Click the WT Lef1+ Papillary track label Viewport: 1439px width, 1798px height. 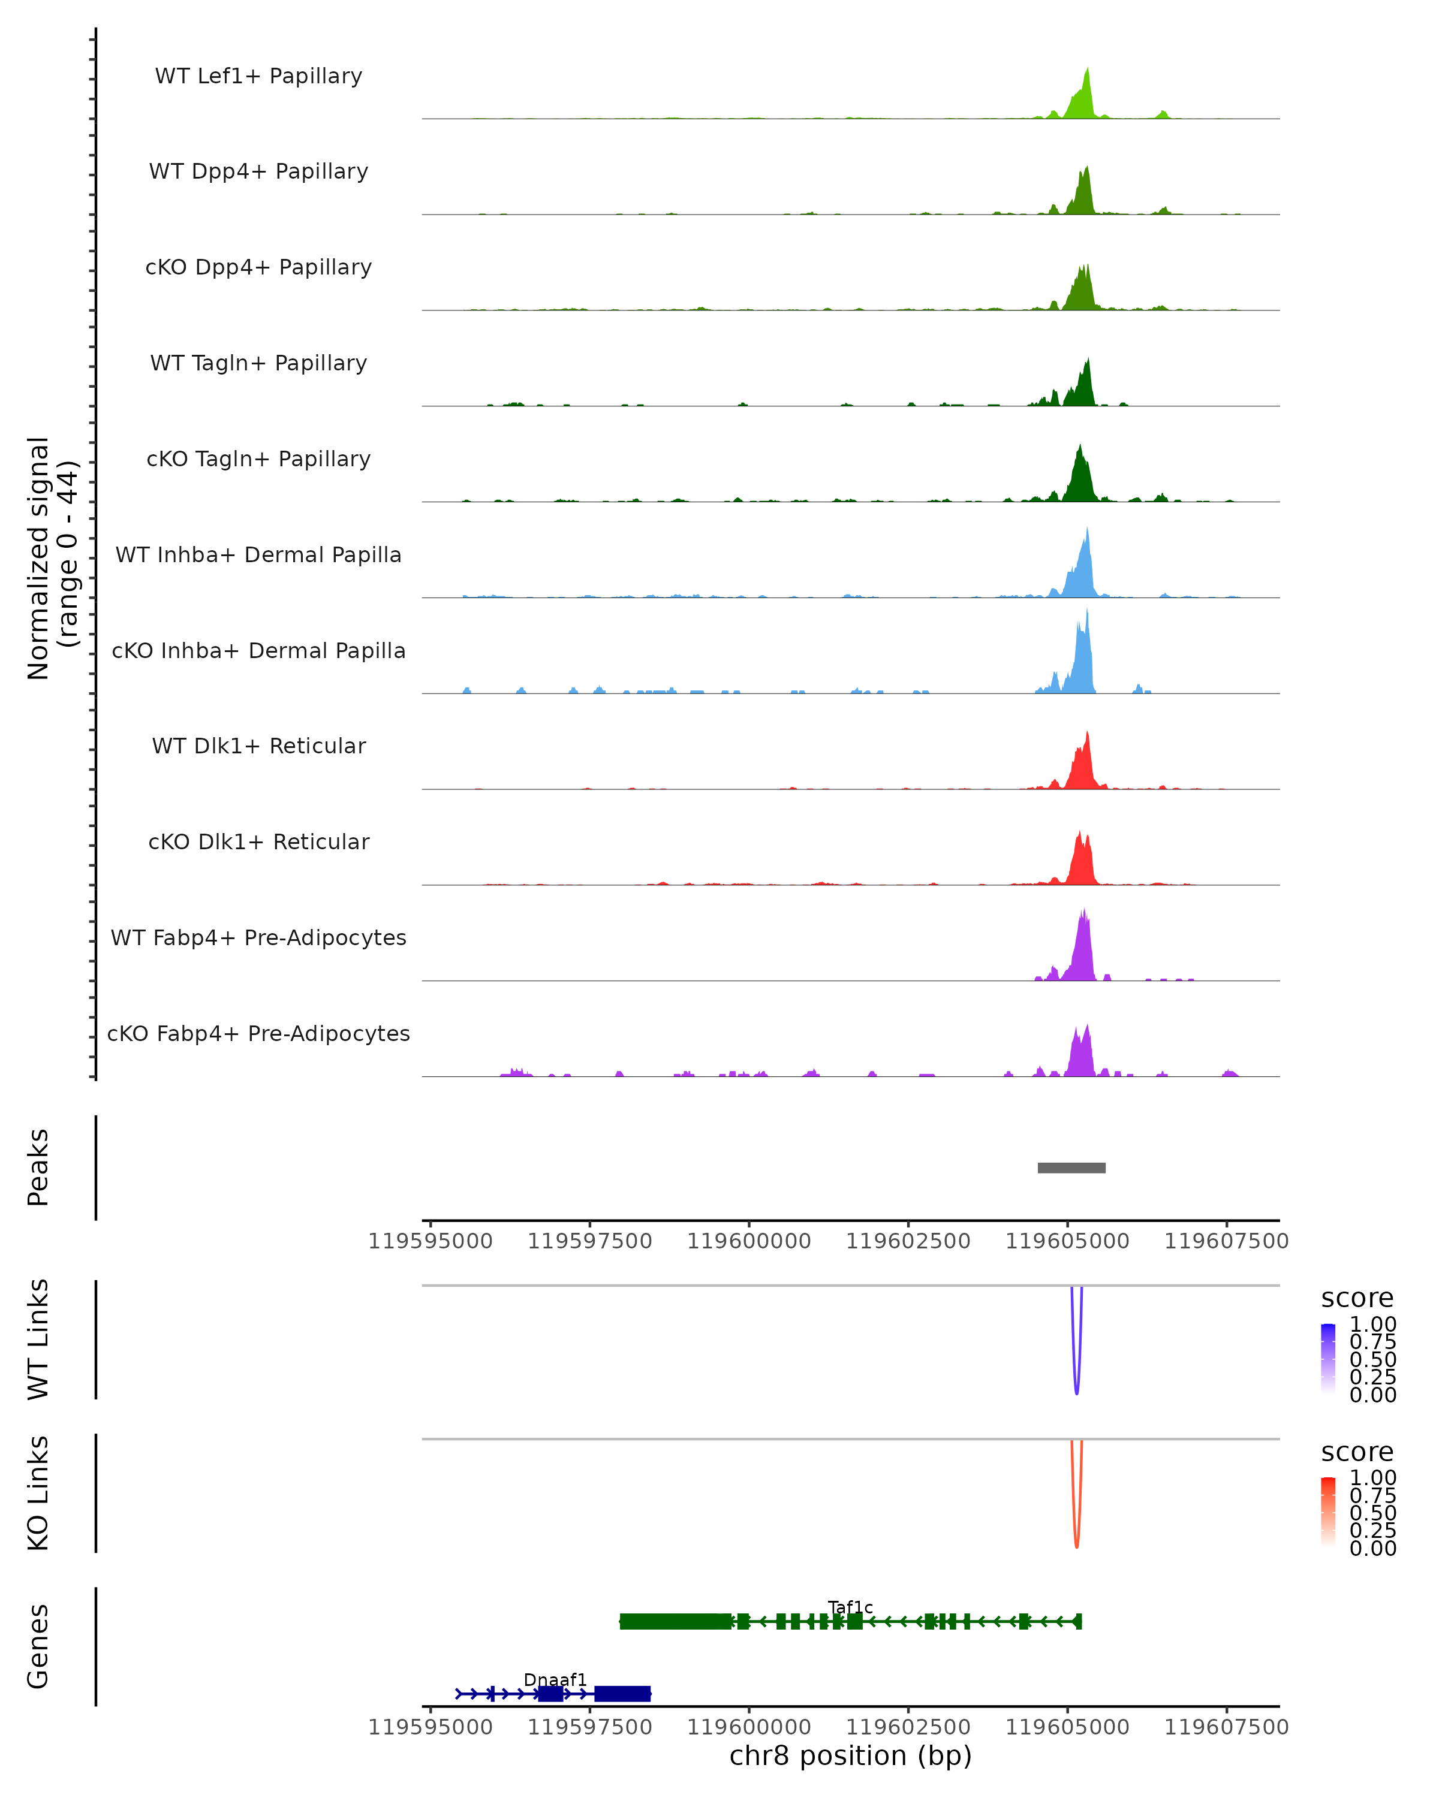click(x=258, y=76)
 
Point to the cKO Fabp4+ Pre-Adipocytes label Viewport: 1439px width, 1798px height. click(x=258, y=1033)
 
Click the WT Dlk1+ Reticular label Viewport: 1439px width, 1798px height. click(x=258, y=746)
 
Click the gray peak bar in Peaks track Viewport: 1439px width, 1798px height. click(x=1071, y=1168)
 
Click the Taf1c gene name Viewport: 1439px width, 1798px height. click(x=850, y=1607)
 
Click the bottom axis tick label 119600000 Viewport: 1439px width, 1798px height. click(x=749, y=1727)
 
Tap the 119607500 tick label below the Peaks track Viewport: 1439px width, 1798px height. click(x=1226, y=1241)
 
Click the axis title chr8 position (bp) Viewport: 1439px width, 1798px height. click(x=850, y=1756)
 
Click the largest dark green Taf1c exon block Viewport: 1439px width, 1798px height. click(x=676, y=1621)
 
